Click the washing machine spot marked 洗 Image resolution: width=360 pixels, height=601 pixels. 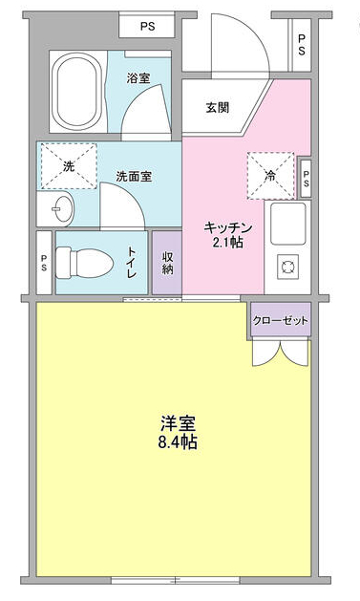(x=68, y=166)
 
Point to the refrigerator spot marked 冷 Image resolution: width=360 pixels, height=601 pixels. (x=270, y=175)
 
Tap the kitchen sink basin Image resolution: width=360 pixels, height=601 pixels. (x=287, y=225)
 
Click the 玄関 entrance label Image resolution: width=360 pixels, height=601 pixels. (x=218, y=107)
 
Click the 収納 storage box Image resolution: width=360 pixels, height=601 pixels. (x=166, y=264)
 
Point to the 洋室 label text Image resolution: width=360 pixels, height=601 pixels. (x=178, y=424)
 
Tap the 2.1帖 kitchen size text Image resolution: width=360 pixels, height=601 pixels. (x=227, y=244)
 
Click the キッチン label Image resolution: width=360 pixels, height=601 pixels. (x=227, y=227)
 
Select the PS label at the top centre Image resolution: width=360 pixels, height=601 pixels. (x=147, y=27)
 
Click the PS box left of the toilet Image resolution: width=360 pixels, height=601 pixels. (x=44, y=262)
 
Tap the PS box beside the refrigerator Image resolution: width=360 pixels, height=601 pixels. (x=306, y=176)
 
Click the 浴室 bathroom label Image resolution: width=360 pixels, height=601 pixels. (x=138, y=78)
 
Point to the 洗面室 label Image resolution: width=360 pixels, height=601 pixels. (x=133, y=177)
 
